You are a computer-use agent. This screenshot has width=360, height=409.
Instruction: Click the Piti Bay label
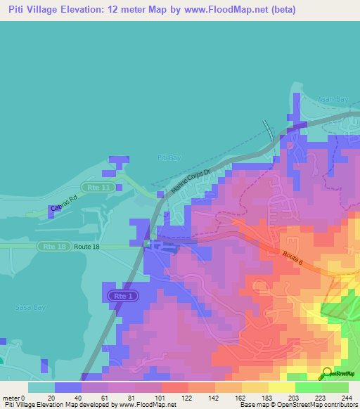(169, 158)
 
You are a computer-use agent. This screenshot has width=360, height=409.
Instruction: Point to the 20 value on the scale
(51, 398)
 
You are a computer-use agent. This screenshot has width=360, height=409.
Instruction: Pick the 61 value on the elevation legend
(104, 398)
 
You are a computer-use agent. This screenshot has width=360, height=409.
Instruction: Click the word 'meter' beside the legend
(12, 398)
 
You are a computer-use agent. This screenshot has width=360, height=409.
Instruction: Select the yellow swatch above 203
(281, 387)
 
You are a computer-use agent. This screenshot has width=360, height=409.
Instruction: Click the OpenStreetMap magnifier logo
(327, 372)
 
